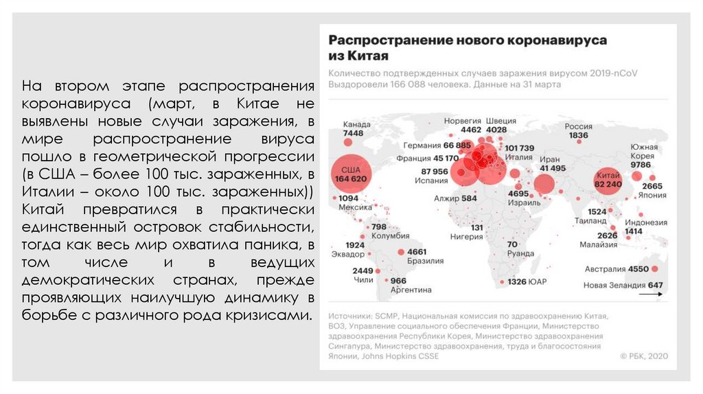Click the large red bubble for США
coord(351,172)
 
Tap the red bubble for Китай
coord(608,179)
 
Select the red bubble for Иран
coord(544,184)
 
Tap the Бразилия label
coord(422,261)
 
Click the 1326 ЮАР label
coord(527,281)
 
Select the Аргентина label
coord(411,290)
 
